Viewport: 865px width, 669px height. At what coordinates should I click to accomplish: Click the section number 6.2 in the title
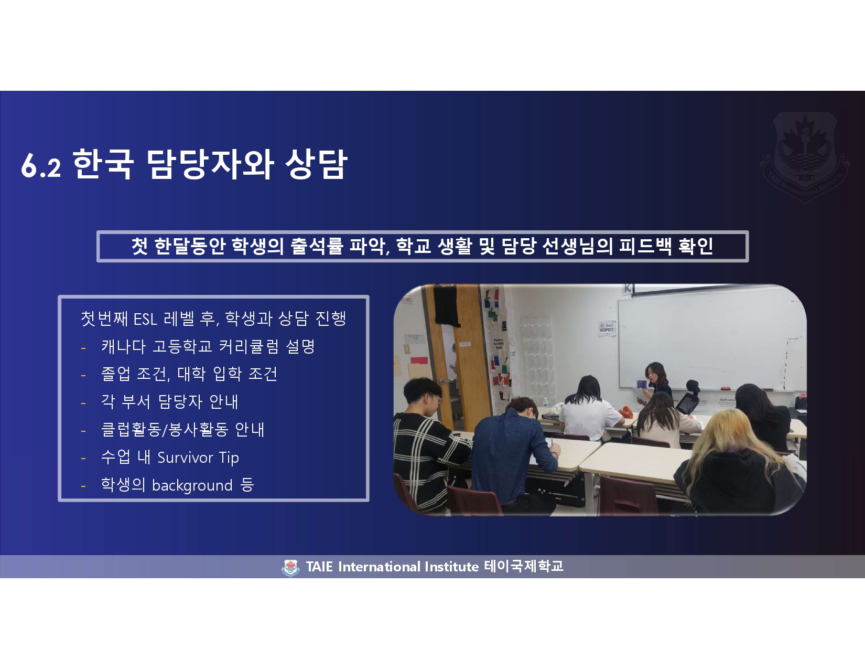41,165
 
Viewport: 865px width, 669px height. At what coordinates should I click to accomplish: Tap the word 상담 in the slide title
317,164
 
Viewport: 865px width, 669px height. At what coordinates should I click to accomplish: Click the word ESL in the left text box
145,319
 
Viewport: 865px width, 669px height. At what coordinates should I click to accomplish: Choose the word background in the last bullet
192,486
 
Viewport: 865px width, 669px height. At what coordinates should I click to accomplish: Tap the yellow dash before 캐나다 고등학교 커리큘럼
83,348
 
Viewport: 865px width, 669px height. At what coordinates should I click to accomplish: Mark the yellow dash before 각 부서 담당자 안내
83,403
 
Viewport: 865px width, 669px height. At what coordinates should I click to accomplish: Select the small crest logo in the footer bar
290,568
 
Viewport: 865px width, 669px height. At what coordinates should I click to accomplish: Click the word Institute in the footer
451,567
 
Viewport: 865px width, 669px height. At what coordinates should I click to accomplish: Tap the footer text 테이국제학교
524,566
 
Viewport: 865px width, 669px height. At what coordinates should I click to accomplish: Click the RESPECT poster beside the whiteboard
607,328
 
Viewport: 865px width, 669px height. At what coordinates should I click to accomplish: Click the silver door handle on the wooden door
445,381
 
